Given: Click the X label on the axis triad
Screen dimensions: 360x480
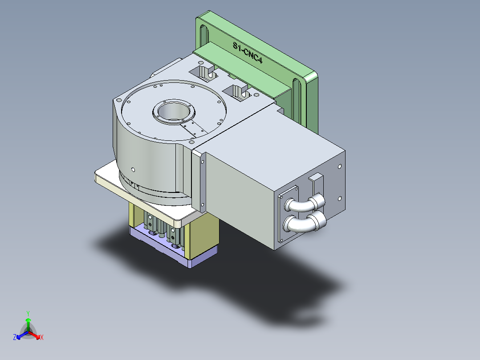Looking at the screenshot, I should pyautogui.click(x=42, y=337).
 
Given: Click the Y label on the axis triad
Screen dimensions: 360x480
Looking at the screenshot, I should pyautogui.click(x=28, y=313).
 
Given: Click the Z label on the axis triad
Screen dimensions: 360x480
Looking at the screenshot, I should pyautogui.click(x=15, y=337).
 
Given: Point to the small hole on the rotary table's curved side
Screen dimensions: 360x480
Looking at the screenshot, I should pyautogui.click(x=133, y=169).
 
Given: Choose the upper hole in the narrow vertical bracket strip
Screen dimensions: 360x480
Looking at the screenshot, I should pyautogui.click(x=203, y=162).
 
